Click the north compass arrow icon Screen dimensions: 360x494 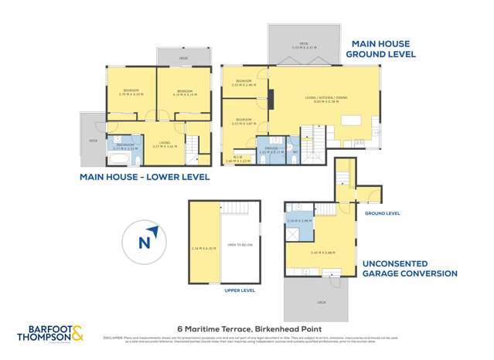[149, 239]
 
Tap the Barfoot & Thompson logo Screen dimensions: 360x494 [51, 333]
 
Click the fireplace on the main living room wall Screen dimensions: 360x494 [270, 99]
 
